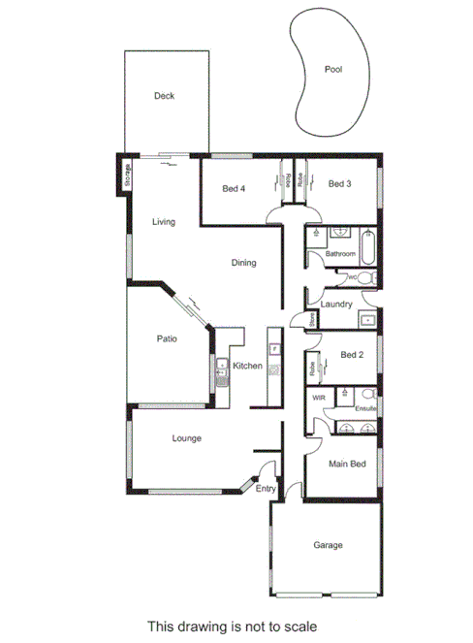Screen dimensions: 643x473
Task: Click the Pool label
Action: point(333,70)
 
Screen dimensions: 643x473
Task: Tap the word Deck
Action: point(164,96)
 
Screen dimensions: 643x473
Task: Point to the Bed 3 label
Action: point(338,183)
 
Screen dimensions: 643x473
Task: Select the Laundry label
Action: point(335,304)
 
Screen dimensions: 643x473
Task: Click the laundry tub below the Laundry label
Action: point(367,320)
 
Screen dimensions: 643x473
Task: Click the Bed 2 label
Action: point(352,355)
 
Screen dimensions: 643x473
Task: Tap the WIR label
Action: point(318,398)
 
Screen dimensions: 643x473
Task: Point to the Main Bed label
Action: point(348,465)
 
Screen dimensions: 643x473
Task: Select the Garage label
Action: point(328,545)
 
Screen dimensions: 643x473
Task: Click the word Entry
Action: point(266,489)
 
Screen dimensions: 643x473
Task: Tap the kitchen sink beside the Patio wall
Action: point(220,370)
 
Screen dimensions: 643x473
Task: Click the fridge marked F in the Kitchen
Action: point(273,346)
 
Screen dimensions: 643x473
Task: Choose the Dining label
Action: point(243,263)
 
